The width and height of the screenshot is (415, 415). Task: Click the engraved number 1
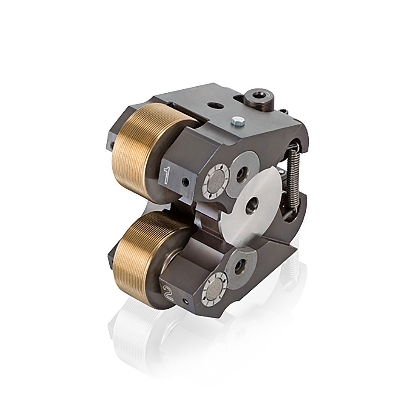(166, 175)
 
